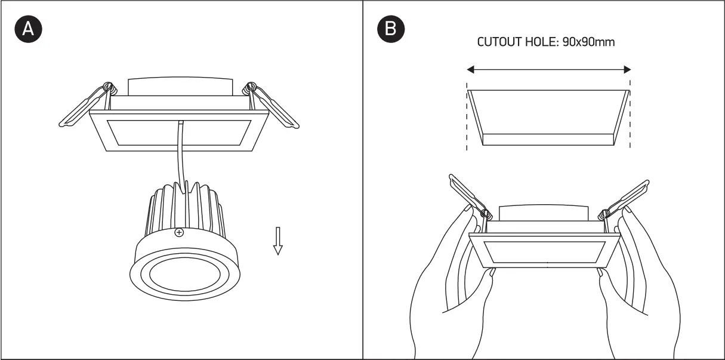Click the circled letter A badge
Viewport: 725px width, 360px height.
[28, 30]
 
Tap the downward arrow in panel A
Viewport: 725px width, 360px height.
[277, 241]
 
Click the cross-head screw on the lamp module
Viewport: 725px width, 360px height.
[178, 233]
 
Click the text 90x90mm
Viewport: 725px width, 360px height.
[588, 42]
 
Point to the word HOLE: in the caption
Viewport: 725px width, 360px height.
[540, 42]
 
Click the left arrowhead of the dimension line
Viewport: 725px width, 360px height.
[471, 70]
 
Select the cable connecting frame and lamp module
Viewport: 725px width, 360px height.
[178, 155]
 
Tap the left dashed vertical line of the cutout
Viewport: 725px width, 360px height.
[467, 119]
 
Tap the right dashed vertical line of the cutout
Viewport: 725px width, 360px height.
[631, 119]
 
